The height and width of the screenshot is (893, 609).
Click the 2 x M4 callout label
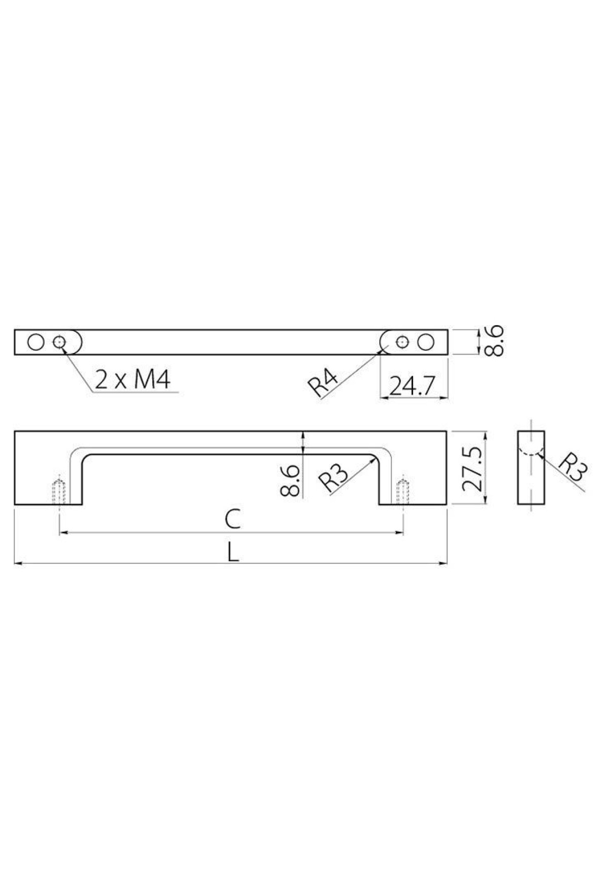pyautogui.click(x=132, y=380)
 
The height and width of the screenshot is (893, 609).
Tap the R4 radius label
pyautogui.click(x=322, y=385)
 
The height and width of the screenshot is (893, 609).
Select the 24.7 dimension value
pyautogui.click(x=413, y=387)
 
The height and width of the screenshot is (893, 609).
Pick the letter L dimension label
pyautogui.click(x=232, y=552)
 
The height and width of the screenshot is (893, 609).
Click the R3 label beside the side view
pyautogui.click(x=572, y=469)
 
